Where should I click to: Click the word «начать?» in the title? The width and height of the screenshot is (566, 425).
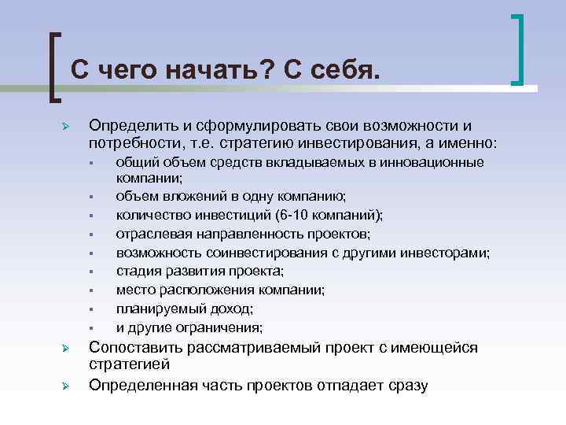pos(216,70)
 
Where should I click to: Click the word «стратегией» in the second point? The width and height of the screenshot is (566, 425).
pos(130,365)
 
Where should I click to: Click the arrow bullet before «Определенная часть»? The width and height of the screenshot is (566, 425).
pos(67,386)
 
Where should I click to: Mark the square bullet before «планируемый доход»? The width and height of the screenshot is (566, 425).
pos(92,309)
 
